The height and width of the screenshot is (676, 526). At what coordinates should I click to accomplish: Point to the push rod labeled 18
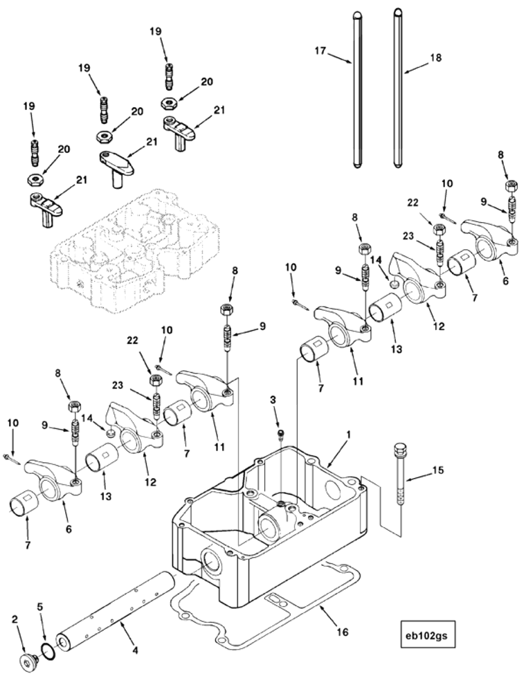click(397, 90)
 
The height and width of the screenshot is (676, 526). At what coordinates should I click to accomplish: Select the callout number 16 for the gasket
click(345, 632)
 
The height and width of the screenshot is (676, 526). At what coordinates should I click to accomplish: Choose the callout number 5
click(40, 606)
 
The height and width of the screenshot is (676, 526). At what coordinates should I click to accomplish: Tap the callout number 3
click(275, 400)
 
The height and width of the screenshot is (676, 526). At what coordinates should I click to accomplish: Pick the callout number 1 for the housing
click(349, 436)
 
